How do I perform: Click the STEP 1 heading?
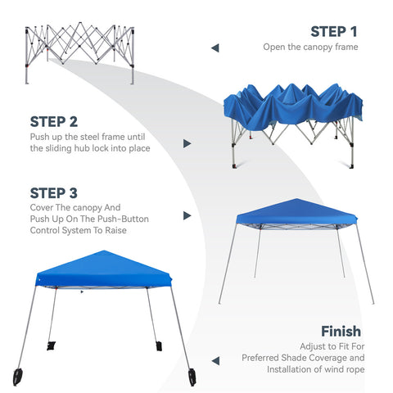click(334, 32)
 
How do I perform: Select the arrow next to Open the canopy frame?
click(215, 48)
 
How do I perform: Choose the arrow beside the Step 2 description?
click(187, 143)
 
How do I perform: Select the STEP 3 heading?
click(54, 193)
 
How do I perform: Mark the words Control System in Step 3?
click(67, 232)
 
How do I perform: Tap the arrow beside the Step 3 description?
click(187, 215)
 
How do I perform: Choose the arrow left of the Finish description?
click(215, 359)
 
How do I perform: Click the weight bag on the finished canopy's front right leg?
click(192, 377)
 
